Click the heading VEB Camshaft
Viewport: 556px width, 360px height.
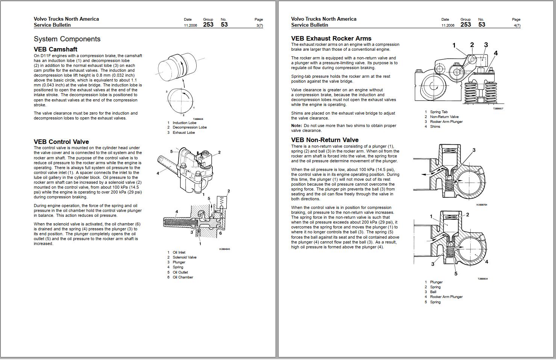[x=55, y=49]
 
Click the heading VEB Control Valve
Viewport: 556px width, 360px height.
[x=61, y=142]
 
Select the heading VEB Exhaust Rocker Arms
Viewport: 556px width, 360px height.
[x=331, y=38]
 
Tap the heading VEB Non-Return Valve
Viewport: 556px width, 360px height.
[x=324, y=140]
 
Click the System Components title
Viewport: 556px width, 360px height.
[x=67, y=39]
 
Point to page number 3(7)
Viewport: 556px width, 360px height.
[x=259, y=26]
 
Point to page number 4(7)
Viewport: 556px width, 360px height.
[x=517, y=26]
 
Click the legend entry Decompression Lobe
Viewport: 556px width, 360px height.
[x=189, y=127]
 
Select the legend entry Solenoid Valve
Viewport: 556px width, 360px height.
[x=184, y=257]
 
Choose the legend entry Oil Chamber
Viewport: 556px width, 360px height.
[x=183, y=277]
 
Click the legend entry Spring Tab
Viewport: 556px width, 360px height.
[x=438, y=112]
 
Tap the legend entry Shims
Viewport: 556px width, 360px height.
[x=435, y=127]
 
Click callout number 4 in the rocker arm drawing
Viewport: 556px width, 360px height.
[x=495, y=53]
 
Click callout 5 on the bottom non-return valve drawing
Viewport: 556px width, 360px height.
[x=456, y=274]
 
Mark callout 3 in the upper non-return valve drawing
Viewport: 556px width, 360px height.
[x=474, y=150]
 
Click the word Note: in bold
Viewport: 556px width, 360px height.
[x=296, y=126]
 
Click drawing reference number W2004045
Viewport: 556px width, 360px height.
[x=224, y=249]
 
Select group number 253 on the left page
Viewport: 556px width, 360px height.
[x=208, y=25]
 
